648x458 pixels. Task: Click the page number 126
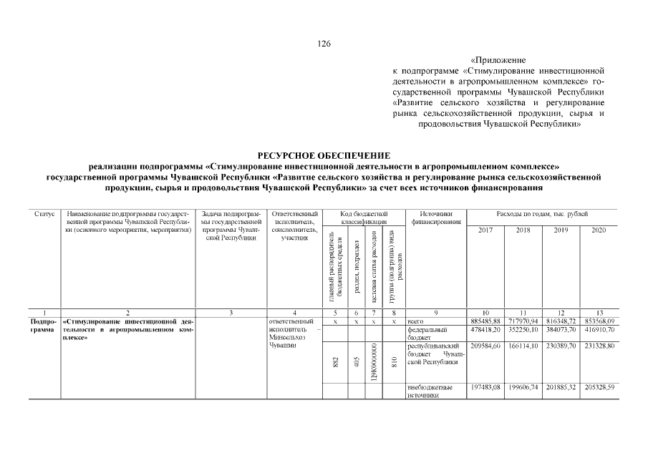tap(324, 44)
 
